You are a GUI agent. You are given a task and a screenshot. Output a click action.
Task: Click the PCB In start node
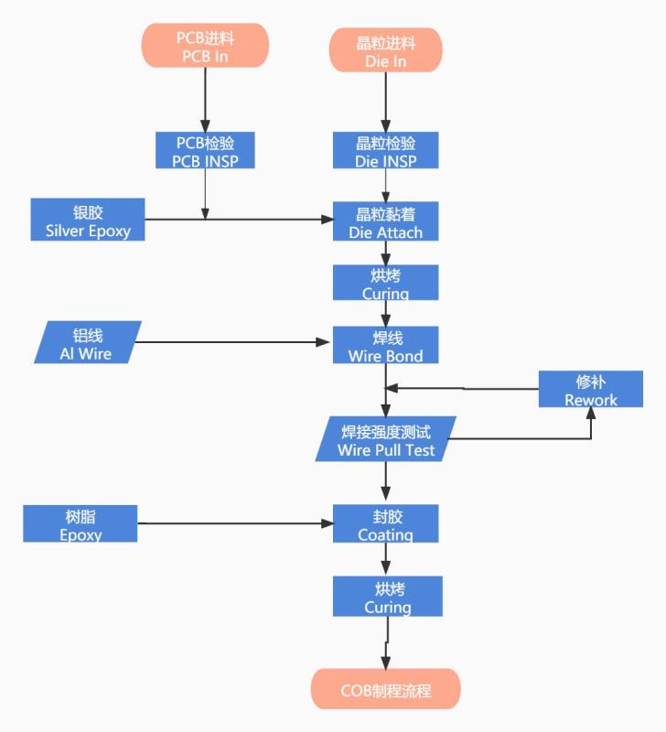point(205,45)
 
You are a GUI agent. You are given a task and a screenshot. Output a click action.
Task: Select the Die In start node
point(385,51)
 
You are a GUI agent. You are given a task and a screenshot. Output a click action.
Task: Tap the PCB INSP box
point(205,151)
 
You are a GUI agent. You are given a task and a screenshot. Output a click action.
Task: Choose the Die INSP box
point(385,151)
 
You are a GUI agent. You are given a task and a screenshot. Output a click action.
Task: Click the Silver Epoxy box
point(88,221)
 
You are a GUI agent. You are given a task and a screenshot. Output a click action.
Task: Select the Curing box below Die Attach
point(385,283)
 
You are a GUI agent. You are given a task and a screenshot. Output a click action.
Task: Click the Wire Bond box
point(385,345)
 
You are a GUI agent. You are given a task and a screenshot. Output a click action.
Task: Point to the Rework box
point(590,389)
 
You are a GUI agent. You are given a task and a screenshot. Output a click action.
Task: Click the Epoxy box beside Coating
point(81,523)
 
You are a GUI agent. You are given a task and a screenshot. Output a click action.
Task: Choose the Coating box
point(385,523)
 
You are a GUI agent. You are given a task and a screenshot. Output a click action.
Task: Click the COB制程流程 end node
point(385,690)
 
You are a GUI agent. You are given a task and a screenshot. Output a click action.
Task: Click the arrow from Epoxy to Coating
point(233,524)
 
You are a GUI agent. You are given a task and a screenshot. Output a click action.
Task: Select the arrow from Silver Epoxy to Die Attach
point(265,220)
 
